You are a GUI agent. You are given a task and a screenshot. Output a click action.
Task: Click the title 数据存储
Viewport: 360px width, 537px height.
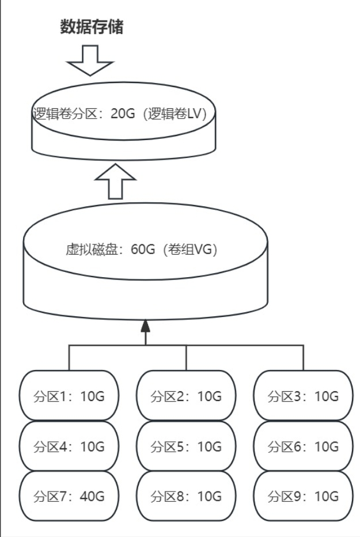coord(92,27)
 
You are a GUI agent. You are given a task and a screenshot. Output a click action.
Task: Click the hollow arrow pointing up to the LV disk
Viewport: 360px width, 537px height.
coord(115,180)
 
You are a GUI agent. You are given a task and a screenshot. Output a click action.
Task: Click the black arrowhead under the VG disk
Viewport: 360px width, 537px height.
coord(145,327)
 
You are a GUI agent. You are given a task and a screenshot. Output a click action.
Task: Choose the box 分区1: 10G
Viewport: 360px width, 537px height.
coord(69,396)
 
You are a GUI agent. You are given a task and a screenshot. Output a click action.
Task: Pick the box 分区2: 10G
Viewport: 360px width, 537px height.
coord(186,396)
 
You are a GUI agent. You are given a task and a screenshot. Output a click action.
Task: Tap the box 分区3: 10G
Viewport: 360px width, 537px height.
coord(303,396)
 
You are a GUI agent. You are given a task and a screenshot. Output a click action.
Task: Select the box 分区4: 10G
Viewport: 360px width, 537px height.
coord(69,446)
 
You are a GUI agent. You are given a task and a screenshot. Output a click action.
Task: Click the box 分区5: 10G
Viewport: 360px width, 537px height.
coord(186,446)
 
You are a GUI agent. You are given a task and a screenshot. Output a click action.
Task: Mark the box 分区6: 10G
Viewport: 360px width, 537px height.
coord(303,446)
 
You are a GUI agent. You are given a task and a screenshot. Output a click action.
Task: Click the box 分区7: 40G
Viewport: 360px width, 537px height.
coord(69,496)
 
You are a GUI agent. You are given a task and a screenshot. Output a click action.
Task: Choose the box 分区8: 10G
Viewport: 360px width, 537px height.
coord(186,496)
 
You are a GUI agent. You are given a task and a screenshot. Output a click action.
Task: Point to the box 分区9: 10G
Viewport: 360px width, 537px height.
coord(303,496)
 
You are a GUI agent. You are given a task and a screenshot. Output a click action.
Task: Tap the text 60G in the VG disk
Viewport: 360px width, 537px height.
coord(143,251)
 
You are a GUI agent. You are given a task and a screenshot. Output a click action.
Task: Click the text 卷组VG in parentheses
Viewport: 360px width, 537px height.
coord(190,251)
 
